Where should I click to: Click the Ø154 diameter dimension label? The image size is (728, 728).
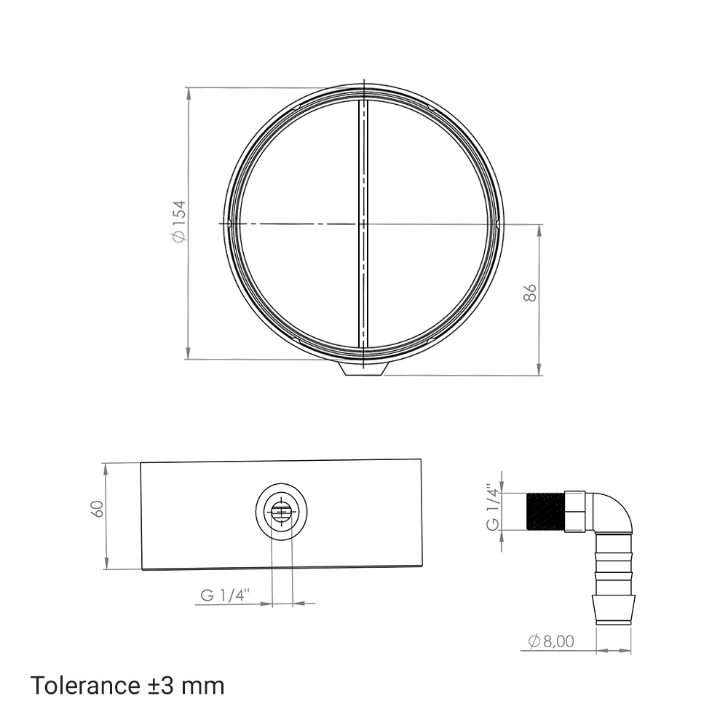coord(179,221)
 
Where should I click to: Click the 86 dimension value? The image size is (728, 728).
coord(530,293)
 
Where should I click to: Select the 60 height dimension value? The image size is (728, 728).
coord(97,509)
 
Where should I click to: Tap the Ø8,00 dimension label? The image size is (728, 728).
coord(551,641)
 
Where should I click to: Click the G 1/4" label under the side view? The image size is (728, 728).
coord(225,595)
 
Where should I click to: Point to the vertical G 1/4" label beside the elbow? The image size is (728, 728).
coord(493,507)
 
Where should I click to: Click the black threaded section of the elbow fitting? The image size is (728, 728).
coord(546,511)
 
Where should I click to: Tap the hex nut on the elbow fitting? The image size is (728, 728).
coord(575,511)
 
